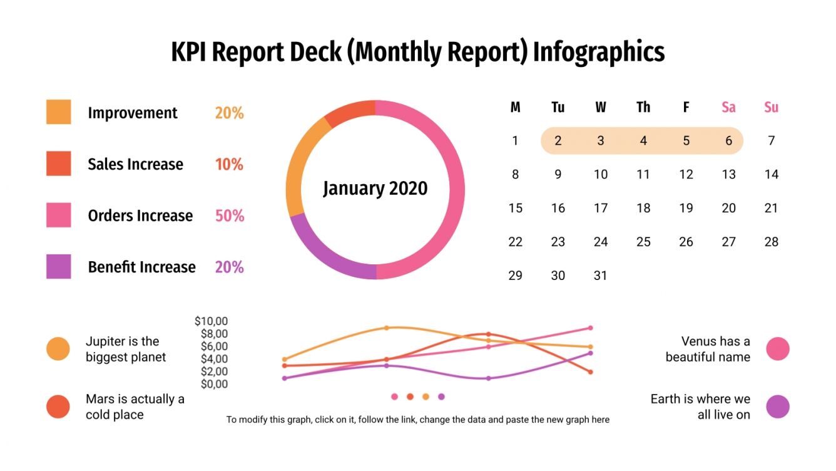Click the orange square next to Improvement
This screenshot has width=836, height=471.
click(x=58, y=112)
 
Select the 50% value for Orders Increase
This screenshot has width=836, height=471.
click(x=229, y=216)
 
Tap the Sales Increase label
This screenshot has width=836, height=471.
click(x=135, y=164)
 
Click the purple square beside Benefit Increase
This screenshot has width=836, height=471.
click(x=58, y=266)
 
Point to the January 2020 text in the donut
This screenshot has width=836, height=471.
click(x=375, y=189)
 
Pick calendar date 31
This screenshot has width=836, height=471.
click(x=600, y=276)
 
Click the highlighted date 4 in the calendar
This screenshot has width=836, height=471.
click(x=643, y=141)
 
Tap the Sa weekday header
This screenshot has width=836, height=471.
click(x=728, y=107)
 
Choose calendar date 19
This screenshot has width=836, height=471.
click(x=686, y=209)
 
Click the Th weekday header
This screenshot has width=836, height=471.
click(x=643, y=107)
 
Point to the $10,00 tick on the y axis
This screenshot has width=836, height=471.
click(x=211, y=321)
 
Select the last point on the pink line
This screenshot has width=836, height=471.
click(x=590, y=328)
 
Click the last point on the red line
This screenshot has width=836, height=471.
click(x=590, y=372)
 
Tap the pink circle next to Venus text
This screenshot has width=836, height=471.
click(x=778, y=349)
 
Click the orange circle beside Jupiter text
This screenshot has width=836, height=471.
click(x=58, y=349)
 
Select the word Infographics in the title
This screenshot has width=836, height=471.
click(x=598, y=52)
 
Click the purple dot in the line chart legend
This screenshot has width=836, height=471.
click(x=441, y=396)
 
